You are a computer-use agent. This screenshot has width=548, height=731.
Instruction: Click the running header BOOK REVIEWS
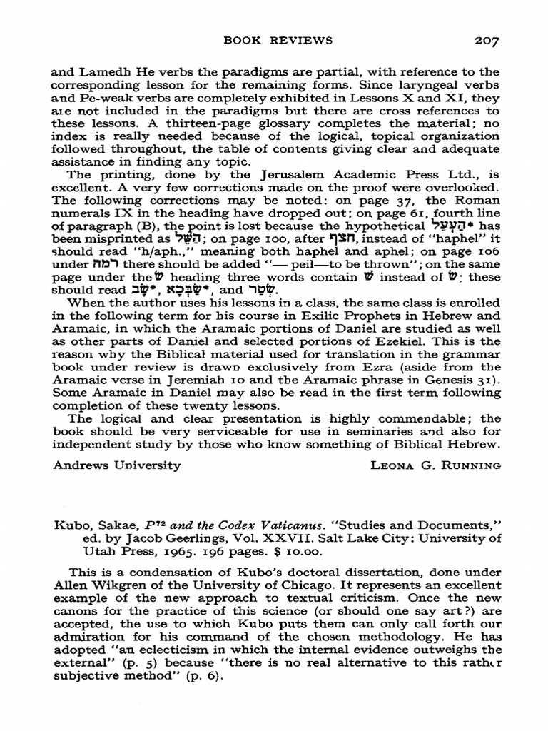pos(278,41)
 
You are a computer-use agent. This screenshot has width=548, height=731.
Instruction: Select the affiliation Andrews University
pos(118,466)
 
